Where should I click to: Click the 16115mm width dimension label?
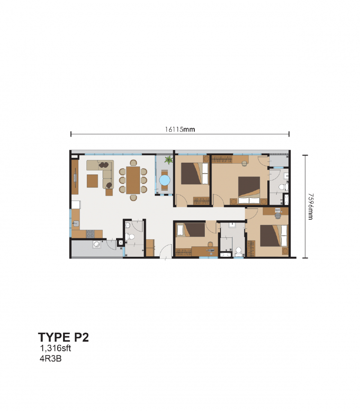click(180, 129)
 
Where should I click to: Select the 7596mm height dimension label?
click(310, 207)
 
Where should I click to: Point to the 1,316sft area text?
click(56, 348)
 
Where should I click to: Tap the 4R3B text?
click(50, 359)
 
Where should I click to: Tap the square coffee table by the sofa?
click(93, 181)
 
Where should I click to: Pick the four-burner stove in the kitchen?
click(90, 233)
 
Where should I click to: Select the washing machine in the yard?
click(96, 245)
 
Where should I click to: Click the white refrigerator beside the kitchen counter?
click(75, 204)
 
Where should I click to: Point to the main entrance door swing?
click(166, 250)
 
